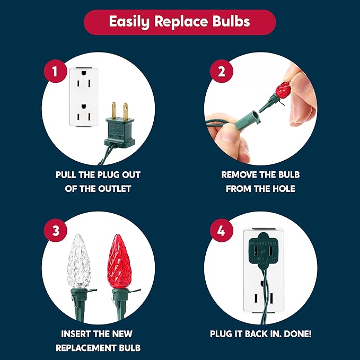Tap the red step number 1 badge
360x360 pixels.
(x=55, y=71)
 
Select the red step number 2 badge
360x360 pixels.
(x=221, y=71)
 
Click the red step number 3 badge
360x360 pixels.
(x=56, y=230)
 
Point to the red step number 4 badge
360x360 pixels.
(x=221, y=230)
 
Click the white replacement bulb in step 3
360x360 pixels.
(x=79, y=261)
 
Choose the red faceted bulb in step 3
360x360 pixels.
(x=119, y=261)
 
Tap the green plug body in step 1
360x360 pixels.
(x=119, y=132)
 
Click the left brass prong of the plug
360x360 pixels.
(x=114, y=110)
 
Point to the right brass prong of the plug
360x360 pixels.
(x=125, y=111)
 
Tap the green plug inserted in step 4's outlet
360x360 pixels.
(x=264, y=251)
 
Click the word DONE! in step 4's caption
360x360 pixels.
(x=297, y=334)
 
